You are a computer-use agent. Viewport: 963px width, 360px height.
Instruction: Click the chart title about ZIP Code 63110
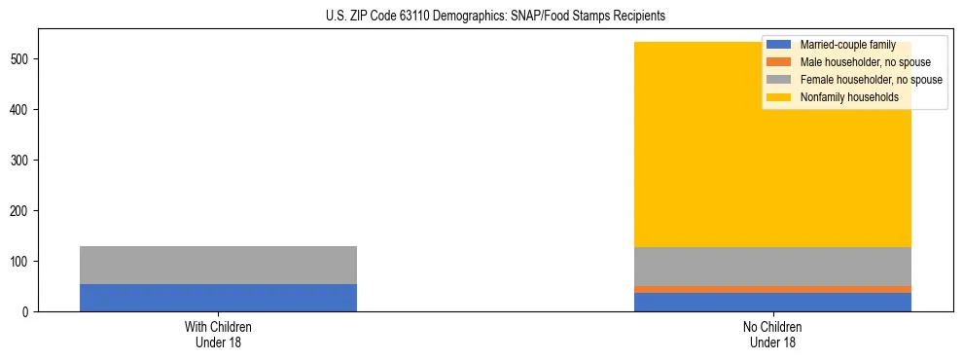[481, 17]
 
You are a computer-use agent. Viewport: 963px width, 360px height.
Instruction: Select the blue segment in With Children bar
[218, 297]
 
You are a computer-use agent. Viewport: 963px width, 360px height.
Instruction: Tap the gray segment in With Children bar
[218, 265]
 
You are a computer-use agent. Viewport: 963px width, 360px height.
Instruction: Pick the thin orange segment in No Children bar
[772, 289]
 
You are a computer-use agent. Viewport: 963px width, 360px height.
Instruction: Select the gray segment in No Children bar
[772, 266]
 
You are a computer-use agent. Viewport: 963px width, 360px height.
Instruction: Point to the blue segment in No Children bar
[772, 302]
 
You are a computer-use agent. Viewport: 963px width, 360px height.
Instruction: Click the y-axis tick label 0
[28, 312]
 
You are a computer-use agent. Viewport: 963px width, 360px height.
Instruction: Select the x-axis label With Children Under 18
[218, 334]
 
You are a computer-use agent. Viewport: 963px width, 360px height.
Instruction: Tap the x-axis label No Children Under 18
[772, 334]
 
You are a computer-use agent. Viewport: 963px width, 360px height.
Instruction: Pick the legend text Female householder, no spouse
[871, 80]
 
